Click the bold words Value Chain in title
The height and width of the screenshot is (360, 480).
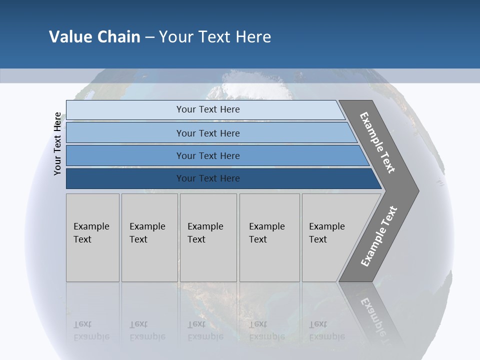[94, 36]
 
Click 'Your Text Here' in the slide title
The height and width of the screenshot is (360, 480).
[215, 36]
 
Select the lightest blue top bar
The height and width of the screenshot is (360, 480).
[207, 109]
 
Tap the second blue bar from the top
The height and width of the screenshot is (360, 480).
[207, 133]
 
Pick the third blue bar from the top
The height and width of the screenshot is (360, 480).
[207, 155]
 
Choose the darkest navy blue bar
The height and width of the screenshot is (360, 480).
[207, 178]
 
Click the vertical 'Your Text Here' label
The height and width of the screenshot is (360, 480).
[57, 143]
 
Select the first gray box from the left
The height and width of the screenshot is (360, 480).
[92, 237]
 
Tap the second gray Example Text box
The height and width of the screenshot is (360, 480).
[149, 237]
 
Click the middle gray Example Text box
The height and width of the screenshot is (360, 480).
[208, 237]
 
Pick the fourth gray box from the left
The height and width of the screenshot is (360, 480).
[269, 237]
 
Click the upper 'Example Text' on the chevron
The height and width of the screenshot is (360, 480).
[377, 142]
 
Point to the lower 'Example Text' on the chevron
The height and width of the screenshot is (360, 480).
[378, 236]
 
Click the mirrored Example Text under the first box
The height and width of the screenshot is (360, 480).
[91, 330]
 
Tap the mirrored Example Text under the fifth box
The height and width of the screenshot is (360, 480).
[327, 330]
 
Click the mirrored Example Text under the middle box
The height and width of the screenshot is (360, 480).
[205, 330]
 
